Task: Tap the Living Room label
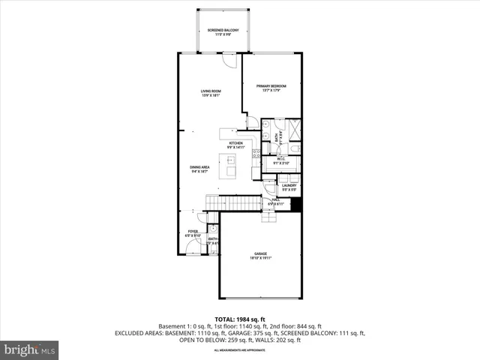[210, 93]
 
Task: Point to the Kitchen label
[235, 144]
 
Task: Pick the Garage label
[260, 256]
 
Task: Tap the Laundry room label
[289, 187]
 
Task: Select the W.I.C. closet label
[280, 160]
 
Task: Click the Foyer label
[193, 234]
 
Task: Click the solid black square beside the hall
[295, 203]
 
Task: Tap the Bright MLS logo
[30, 349]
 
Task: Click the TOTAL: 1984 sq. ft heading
[240, 319]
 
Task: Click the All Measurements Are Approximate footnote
[239, 350]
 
